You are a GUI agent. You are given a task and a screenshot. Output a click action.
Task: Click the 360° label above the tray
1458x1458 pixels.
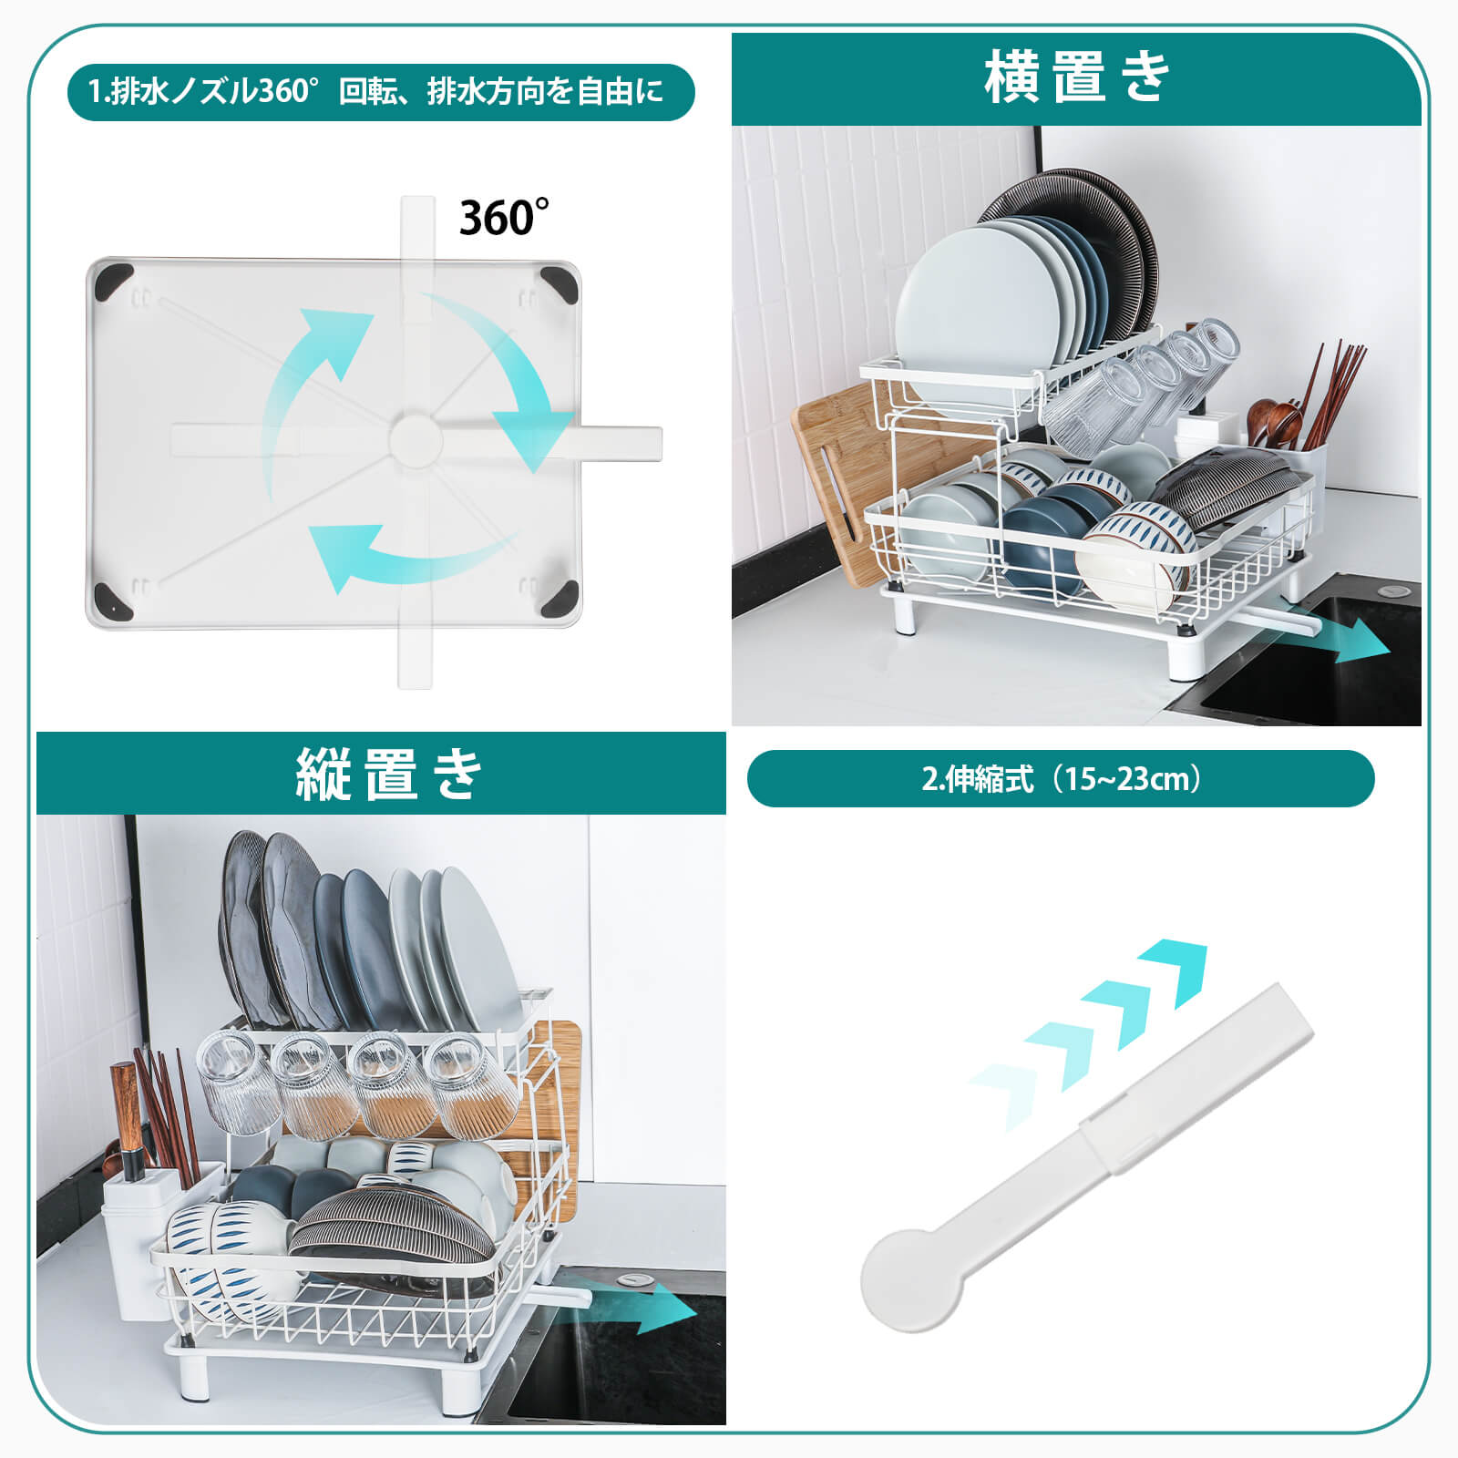tap(503, 218)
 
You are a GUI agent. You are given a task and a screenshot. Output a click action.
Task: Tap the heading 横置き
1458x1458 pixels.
tap(1075, 77)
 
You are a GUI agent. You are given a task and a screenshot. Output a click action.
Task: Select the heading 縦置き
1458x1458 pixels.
tap(388, 775)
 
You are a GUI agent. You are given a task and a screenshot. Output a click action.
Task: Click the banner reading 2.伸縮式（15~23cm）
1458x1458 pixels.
tap(1060, 779)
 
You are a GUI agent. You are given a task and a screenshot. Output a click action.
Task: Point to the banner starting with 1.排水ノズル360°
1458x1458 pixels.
tap(380, 92)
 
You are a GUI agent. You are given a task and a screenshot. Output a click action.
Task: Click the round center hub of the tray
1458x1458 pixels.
tap(416, 440)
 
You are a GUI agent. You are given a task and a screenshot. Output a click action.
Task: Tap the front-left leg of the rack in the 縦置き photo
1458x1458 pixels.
tap(193, 1376)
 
